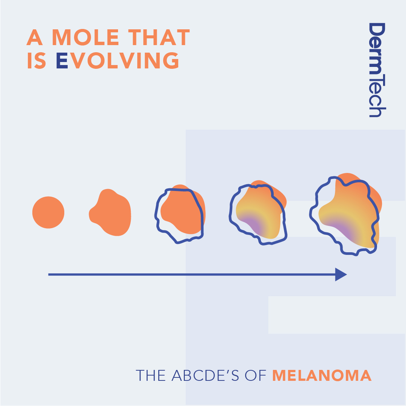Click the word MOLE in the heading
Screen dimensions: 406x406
point(85,37)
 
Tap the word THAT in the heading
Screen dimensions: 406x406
point(159,37)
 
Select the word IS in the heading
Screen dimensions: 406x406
point(36,61)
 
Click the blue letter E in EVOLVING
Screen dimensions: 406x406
point(62,61)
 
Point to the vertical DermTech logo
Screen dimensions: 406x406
point(377,70)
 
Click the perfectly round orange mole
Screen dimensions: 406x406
point(48,212)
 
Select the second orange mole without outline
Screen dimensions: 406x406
point(110,212)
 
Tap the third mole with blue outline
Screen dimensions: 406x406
point(180,214)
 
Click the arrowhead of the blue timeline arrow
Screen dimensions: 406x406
point(341,274)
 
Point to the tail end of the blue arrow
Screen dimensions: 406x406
point(48,274)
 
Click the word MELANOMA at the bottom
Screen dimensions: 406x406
point(322,375)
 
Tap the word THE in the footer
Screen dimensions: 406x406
point(151,375)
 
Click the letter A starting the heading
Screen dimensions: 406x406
point(35,37)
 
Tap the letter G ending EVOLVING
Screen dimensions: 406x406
point(171,61)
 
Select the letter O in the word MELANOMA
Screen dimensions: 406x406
point(338,375)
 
